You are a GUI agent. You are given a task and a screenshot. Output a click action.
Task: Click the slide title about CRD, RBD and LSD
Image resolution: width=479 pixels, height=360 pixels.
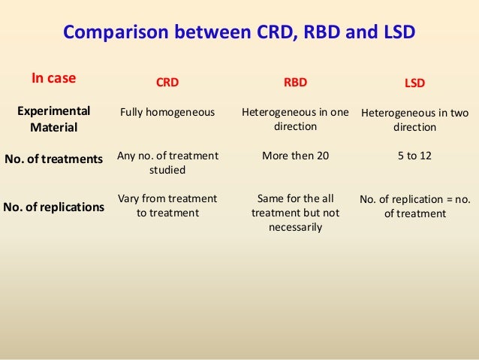tap(239, 33)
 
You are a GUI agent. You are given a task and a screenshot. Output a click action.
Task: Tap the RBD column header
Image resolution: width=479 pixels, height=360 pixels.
tap(294, 83)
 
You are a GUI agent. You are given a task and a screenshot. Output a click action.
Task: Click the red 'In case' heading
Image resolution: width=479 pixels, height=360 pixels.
tap(53, 77)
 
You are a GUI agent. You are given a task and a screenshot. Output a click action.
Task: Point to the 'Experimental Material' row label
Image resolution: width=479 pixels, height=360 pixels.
tap(53, 119)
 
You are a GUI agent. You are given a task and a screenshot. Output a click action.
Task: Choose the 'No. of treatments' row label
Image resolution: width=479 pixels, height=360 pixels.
tap(53, 159)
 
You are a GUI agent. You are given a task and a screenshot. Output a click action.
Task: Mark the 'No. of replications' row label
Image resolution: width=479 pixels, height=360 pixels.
tap(53, 206)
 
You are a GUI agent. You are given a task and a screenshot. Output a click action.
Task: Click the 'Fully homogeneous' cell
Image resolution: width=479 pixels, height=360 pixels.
tap(167, 112)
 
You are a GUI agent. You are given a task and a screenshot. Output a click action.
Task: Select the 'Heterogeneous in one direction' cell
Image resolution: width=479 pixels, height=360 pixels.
tap(295, 119)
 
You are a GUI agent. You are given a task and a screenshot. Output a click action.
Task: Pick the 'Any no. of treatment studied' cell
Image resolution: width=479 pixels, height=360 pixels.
tap(167, 162)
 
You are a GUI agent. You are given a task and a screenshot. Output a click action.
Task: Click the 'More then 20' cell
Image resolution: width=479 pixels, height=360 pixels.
tap(295, 156)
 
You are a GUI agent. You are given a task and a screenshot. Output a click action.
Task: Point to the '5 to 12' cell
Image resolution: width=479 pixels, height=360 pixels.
tap(414, 156)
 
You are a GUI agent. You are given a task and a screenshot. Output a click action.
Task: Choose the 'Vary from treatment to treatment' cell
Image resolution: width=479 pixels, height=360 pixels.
tap(167, 205)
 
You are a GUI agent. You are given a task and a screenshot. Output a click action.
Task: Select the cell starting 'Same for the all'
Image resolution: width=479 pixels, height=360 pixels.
tap(295, 213)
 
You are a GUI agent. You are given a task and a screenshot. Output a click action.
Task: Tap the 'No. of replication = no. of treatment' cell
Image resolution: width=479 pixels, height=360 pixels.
tap(414, 206)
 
